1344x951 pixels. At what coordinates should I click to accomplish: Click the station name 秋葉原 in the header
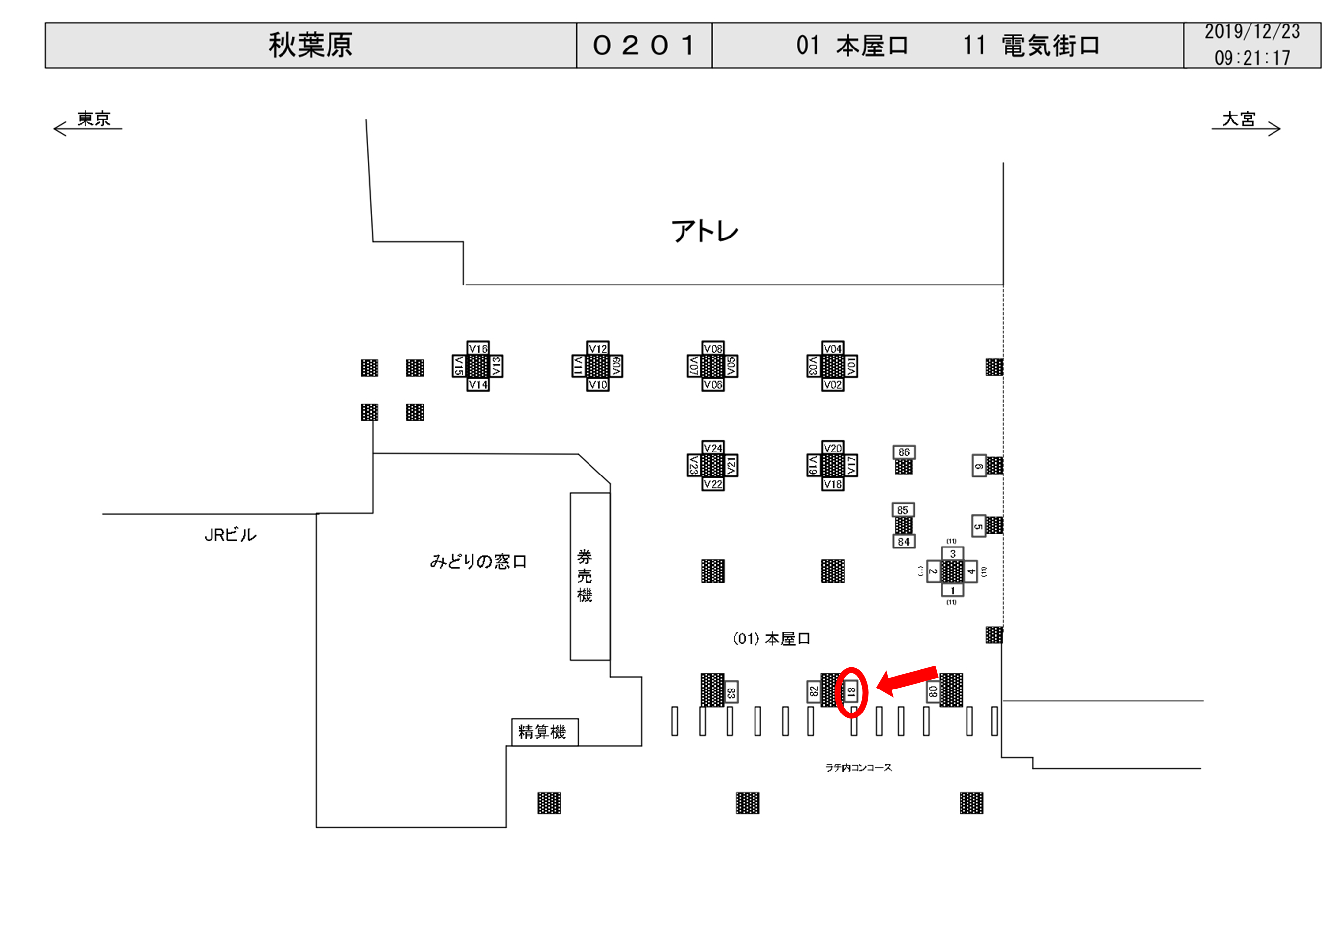(310, 45)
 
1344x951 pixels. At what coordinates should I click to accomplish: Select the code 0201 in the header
(644, 45)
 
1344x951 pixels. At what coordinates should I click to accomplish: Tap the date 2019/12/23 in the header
(1252, 32)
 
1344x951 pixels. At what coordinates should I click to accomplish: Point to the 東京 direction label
(94, 119)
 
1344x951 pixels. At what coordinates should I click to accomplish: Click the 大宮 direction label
(1239, 119)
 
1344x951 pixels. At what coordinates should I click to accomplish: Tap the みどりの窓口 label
(478, 562)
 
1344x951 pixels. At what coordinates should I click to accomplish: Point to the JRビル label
(230, 535)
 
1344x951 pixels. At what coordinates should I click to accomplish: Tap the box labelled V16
(478, 349)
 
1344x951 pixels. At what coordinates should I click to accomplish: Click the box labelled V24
(712, 448)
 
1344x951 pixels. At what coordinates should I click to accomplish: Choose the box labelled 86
(904, 452)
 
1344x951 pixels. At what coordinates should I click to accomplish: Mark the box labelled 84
(903, 542)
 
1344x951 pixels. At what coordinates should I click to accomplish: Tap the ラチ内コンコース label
(858, 768)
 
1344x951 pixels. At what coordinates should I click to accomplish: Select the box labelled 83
(731, 692)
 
